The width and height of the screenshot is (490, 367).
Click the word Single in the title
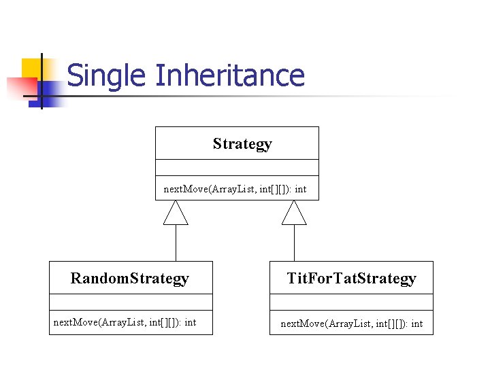coord(108,75)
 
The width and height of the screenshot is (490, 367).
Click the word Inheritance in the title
coord(229,75)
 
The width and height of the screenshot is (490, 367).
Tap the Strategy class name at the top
coord(242,143)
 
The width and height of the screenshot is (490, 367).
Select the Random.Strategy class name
coord(130,278)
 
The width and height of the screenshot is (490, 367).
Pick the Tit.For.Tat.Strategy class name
coord(351,278)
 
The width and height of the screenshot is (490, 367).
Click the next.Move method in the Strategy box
coord(235,189)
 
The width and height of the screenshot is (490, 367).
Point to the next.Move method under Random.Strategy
coord(125,322)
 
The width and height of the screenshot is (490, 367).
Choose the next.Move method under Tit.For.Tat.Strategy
coord(351,324)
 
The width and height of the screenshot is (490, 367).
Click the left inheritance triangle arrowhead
coord(176,213)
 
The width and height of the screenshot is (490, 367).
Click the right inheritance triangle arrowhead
coord(294,213)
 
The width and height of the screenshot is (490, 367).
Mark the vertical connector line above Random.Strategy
coord(176,243)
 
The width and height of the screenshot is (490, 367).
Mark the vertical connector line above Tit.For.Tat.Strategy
coord(294,243)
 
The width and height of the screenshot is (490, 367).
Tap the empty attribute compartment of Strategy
coord(237,168)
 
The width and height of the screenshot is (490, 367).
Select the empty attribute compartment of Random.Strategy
coord(131,302)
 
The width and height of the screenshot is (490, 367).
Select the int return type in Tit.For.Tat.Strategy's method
coord(416,324)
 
